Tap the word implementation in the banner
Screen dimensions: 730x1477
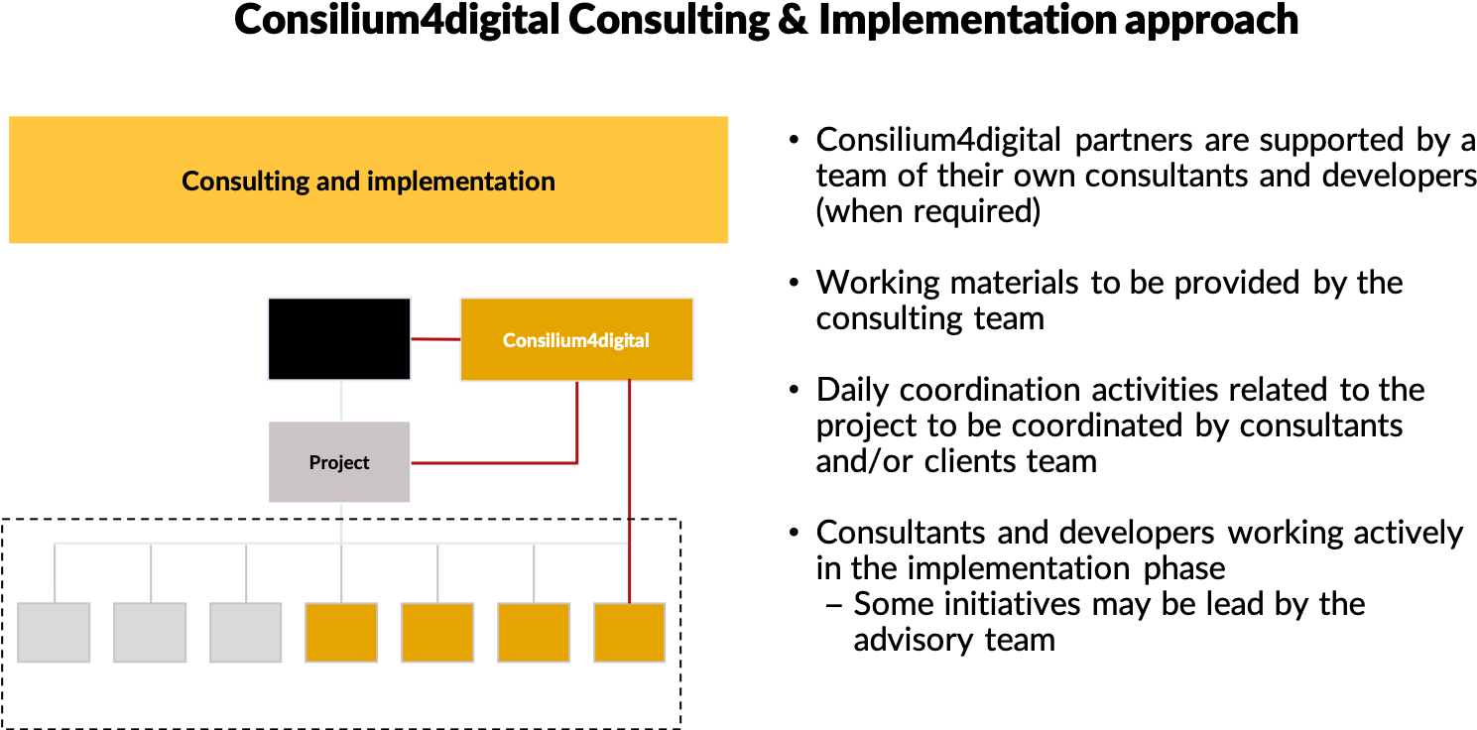[460, 182]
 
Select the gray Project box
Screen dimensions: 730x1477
[339, 462]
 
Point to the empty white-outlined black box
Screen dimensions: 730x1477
[339, 339]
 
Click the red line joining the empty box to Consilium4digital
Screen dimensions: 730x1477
[435, 339]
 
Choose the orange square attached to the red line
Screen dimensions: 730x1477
[630, 633]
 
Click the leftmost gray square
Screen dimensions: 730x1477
[55, 633]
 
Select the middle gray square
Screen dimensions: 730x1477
[151, 633]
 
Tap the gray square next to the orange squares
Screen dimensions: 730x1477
[246, 633]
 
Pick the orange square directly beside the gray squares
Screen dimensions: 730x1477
[341, 633]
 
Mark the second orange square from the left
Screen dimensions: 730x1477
[437, 633]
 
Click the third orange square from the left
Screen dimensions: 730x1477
[534, 633]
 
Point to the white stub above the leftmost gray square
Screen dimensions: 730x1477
[55, 573]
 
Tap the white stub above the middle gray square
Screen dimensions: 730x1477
[151, 573]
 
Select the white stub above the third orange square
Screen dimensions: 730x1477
[534, 573]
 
